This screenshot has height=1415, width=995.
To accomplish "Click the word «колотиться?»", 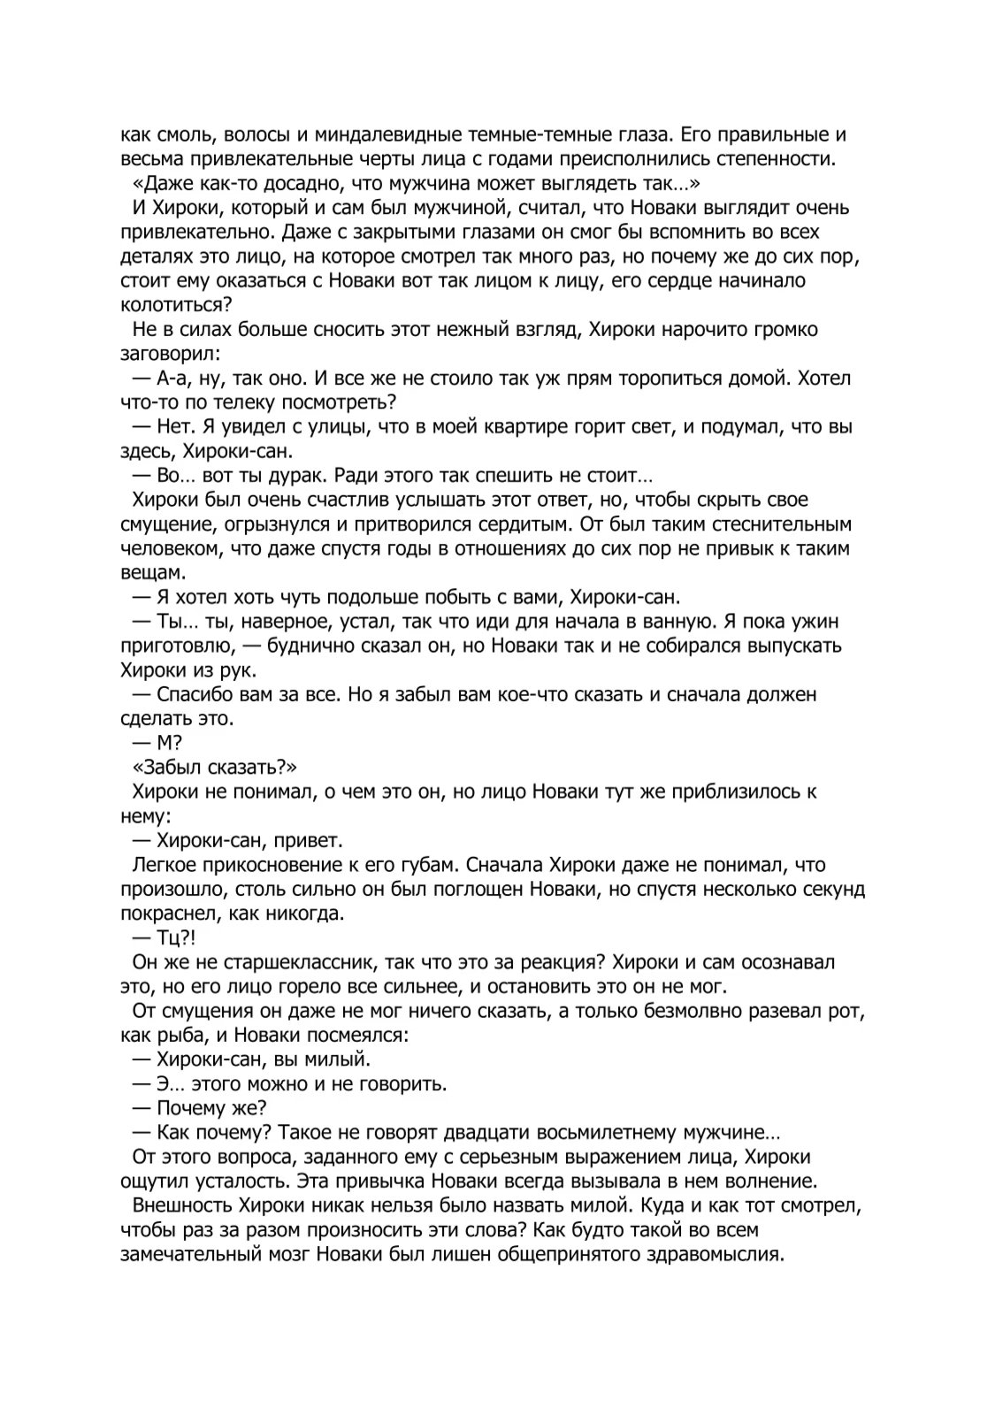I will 176,305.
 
